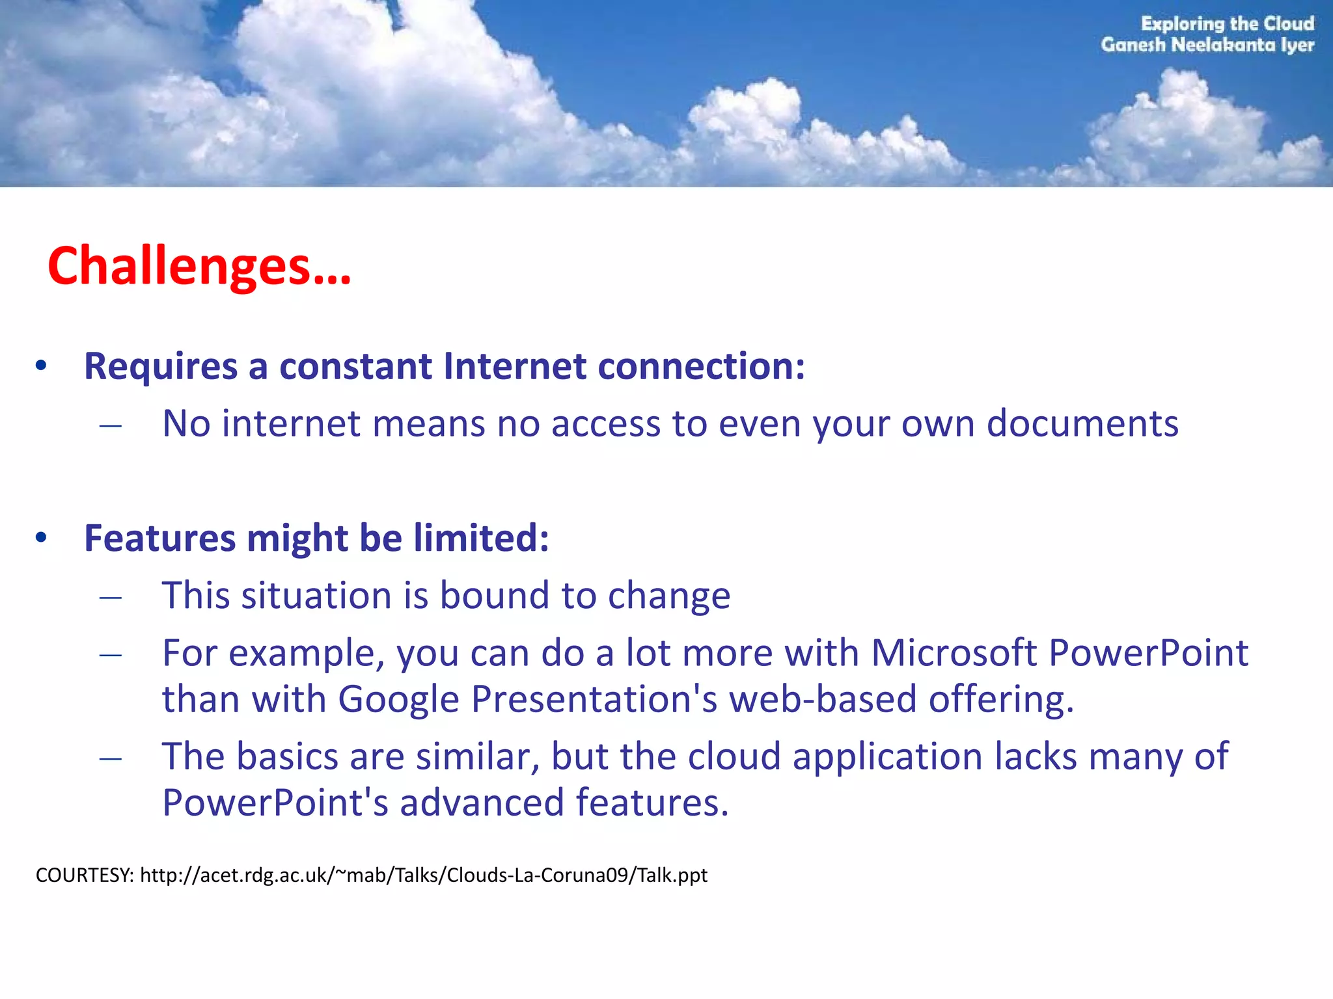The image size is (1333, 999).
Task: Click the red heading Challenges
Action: (199, 267)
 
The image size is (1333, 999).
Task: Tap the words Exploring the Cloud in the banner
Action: (1227, 24)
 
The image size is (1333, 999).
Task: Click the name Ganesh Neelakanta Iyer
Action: (1207, 45)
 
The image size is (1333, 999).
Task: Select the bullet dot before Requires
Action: (41, 366)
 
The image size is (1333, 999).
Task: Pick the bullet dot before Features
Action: (41, 538)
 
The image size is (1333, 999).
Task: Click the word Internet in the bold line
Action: (514, 366)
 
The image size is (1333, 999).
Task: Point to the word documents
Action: (1082, 424)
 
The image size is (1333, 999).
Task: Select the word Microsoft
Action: (954, 652)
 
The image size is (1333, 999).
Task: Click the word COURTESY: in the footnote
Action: (85, 875)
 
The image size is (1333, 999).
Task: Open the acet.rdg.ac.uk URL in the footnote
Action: (423, 875)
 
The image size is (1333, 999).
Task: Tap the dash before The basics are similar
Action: (111, 758)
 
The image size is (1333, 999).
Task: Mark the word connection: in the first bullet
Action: (701, 366)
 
